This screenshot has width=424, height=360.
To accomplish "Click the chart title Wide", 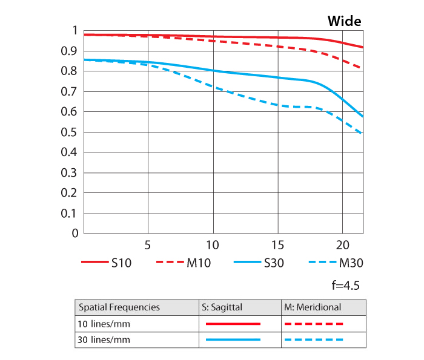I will (x=344, y=21).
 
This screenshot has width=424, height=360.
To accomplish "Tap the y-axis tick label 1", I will (x=75, y=31).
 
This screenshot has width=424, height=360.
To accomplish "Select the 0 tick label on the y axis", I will (x=75, y=234).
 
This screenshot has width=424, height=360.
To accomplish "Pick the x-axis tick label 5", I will (x=148, y=246).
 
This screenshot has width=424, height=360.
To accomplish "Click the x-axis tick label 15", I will (x=277, y=246).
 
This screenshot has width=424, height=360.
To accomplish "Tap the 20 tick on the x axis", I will (x=342, y=246).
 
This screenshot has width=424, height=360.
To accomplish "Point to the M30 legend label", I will (x=351, y=263).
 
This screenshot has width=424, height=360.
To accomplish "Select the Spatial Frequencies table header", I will (x=119, y=307).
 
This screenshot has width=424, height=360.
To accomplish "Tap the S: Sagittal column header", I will (x=222, y=307).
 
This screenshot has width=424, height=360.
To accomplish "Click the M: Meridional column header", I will (x=313, y=307).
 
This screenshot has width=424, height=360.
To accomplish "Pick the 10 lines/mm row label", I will (x=104, y=324).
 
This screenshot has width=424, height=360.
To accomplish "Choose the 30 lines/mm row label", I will (x=104, y=340).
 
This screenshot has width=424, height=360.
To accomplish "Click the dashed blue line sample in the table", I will (x=314, y=340).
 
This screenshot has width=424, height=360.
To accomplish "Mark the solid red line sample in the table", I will (x=233, y=324).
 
